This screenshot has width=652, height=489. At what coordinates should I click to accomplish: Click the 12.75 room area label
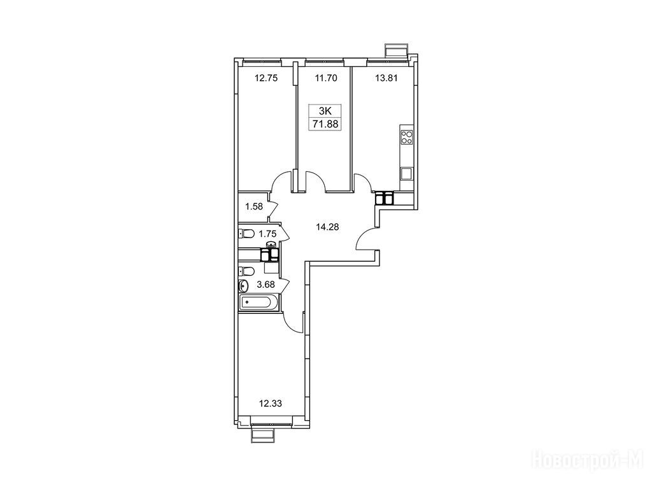click(x=266, y=78)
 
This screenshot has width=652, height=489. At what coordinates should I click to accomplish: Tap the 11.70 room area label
click(x=325, y=78)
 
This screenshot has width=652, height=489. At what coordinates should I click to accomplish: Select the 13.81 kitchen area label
click(x=386, y=78)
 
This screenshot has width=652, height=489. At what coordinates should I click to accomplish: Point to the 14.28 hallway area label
click(x=327, y=227)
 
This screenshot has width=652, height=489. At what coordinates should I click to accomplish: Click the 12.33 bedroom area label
click(x=270, y=403)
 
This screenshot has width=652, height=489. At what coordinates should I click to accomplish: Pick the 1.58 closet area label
click(x=253, y=206)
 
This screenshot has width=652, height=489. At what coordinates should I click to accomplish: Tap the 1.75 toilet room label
click(x=267, y=234)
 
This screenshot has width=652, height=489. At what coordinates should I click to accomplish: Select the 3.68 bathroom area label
click(x=266, y=285)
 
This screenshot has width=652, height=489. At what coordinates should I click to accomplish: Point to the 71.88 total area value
click(x=325, y=124)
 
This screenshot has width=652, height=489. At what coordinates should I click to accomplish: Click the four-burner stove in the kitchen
click(x=406, y=138)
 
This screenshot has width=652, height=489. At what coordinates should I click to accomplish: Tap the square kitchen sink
click(x=406, y=173)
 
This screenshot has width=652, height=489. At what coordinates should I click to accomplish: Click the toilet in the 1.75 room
click(x=246, y=234)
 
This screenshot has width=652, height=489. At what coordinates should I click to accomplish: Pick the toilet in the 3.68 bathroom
click(x=246, y=271)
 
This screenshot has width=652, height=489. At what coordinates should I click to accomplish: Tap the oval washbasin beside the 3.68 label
click(x=244, y=286)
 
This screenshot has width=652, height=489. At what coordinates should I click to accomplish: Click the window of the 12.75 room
click(x=262, y=62)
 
